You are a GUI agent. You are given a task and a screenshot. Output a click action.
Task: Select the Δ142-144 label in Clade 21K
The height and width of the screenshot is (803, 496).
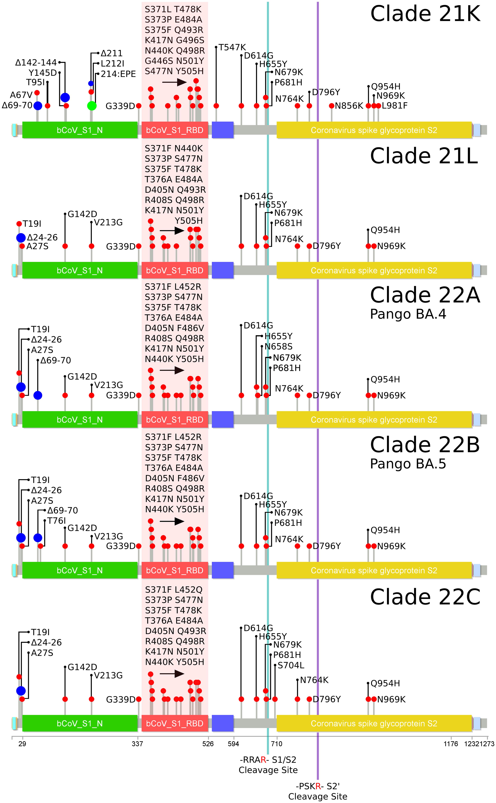[36, 62]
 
